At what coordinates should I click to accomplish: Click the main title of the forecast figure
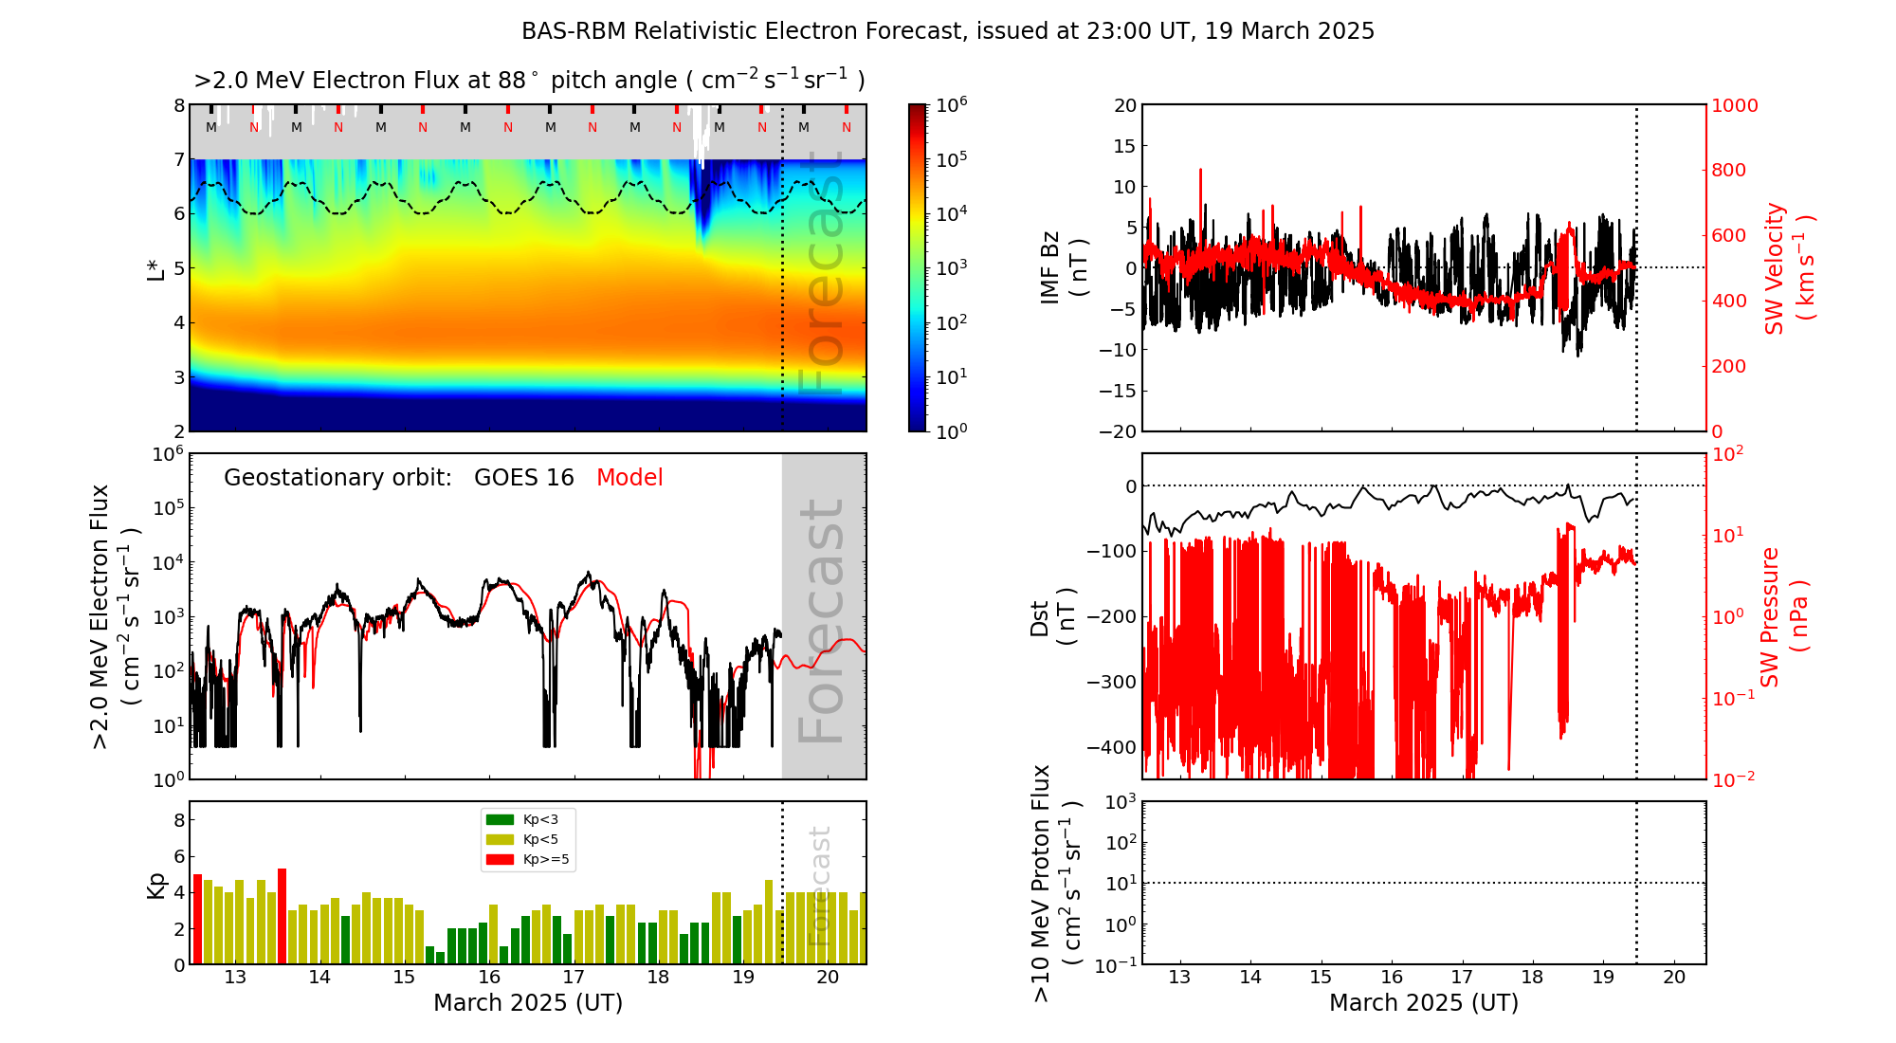point(948,31)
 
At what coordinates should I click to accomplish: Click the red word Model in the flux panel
point(629,478)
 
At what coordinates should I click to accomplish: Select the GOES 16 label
point(524,478)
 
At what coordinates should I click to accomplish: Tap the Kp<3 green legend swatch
point(500,819)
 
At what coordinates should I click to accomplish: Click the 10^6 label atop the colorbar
point(951,104)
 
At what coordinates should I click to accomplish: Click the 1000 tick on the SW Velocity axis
point(1734,105)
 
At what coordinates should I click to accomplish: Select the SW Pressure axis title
point(1784,616)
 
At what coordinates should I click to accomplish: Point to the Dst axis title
point(1052,616)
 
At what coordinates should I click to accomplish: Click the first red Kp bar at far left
point(197,918)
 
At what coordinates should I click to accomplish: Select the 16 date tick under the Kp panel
point(489,978)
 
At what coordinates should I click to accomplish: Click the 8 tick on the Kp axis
point(179,820)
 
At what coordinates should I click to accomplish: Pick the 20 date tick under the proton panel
point(1674,978)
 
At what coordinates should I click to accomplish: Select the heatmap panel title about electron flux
point(529,81)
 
